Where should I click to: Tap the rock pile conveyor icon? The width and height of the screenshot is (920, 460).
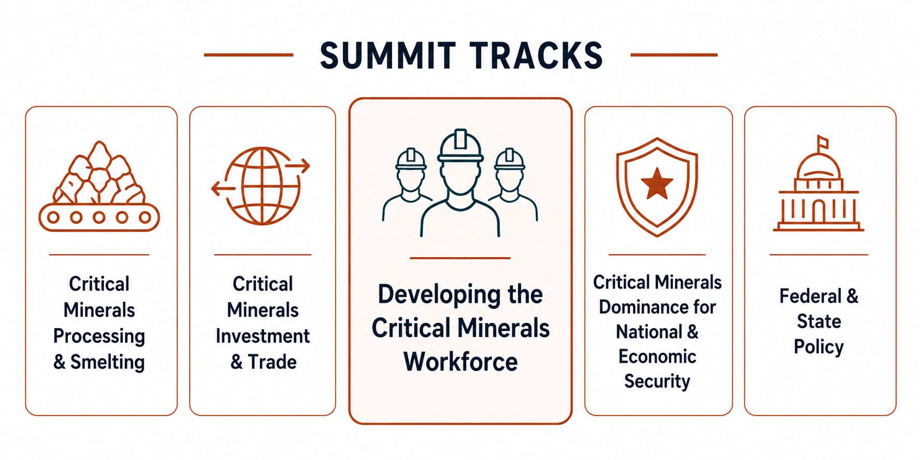tap(99, 186)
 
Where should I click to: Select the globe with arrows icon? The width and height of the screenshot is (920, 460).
tap(261, 186)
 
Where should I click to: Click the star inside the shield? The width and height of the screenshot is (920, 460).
tap(657, 184)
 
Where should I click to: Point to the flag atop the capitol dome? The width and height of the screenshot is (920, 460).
tap(823, 143)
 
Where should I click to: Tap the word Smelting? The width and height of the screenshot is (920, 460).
tap(107, 363)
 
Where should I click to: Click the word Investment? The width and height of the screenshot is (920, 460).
tap(263, 336)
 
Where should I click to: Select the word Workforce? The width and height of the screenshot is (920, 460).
tap(461, 361)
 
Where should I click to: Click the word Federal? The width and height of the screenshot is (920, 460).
tap(810, 296)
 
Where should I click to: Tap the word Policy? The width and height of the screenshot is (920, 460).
tap(819, 347)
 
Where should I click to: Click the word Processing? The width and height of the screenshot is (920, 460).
tap(99, 337)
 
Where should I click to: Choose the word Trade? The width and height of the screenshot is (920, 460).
tap(272, 362)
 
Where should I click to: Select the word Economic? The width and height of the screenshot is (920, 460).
tap(657, 357)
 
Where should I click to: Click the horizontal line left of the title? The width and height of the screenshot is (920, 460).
tap(248, 54)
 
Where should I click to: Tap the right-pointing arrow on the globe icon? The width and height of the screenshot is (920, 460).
tap(297, 166)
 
